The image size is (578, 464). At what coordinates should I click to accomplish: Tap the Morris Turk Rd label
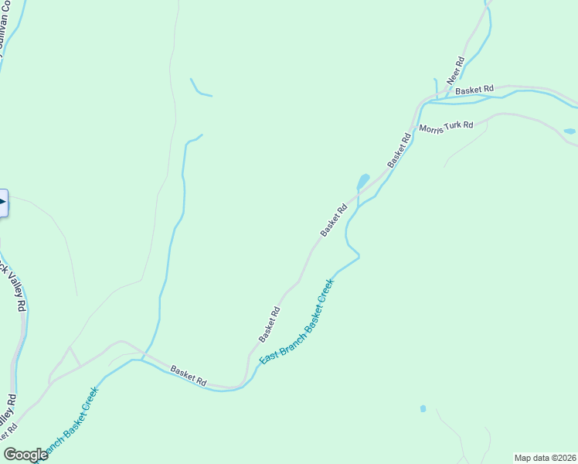(446, 127)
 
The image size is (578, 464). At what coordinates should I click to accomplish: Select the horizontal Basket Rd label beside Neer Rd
(474, 90)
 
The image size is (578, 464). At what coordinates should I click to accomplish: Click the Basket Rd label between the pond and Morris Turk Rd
(399, 150)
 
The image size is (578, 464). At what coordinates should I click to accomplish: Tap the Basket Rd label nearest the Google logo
(189, 376)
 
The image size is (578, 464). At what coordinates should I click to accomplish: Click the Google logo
(25, 455)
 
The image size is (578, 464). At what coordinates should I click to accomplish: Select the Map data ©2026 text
(546, 458)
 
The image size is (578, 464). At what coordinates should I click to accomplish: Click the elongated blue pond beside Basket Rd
(362, 182)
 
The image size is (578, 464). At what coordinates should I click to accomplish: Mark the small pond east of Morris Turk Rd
(569, 131)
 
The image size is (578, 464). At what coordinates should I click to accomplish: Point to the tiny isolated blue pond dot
(423, 408)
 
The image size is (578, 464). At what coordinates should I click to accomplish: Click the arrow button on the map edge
(2, 203)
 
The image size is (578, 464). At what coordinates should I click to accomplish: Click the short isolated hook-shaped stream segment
(199, 87)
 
